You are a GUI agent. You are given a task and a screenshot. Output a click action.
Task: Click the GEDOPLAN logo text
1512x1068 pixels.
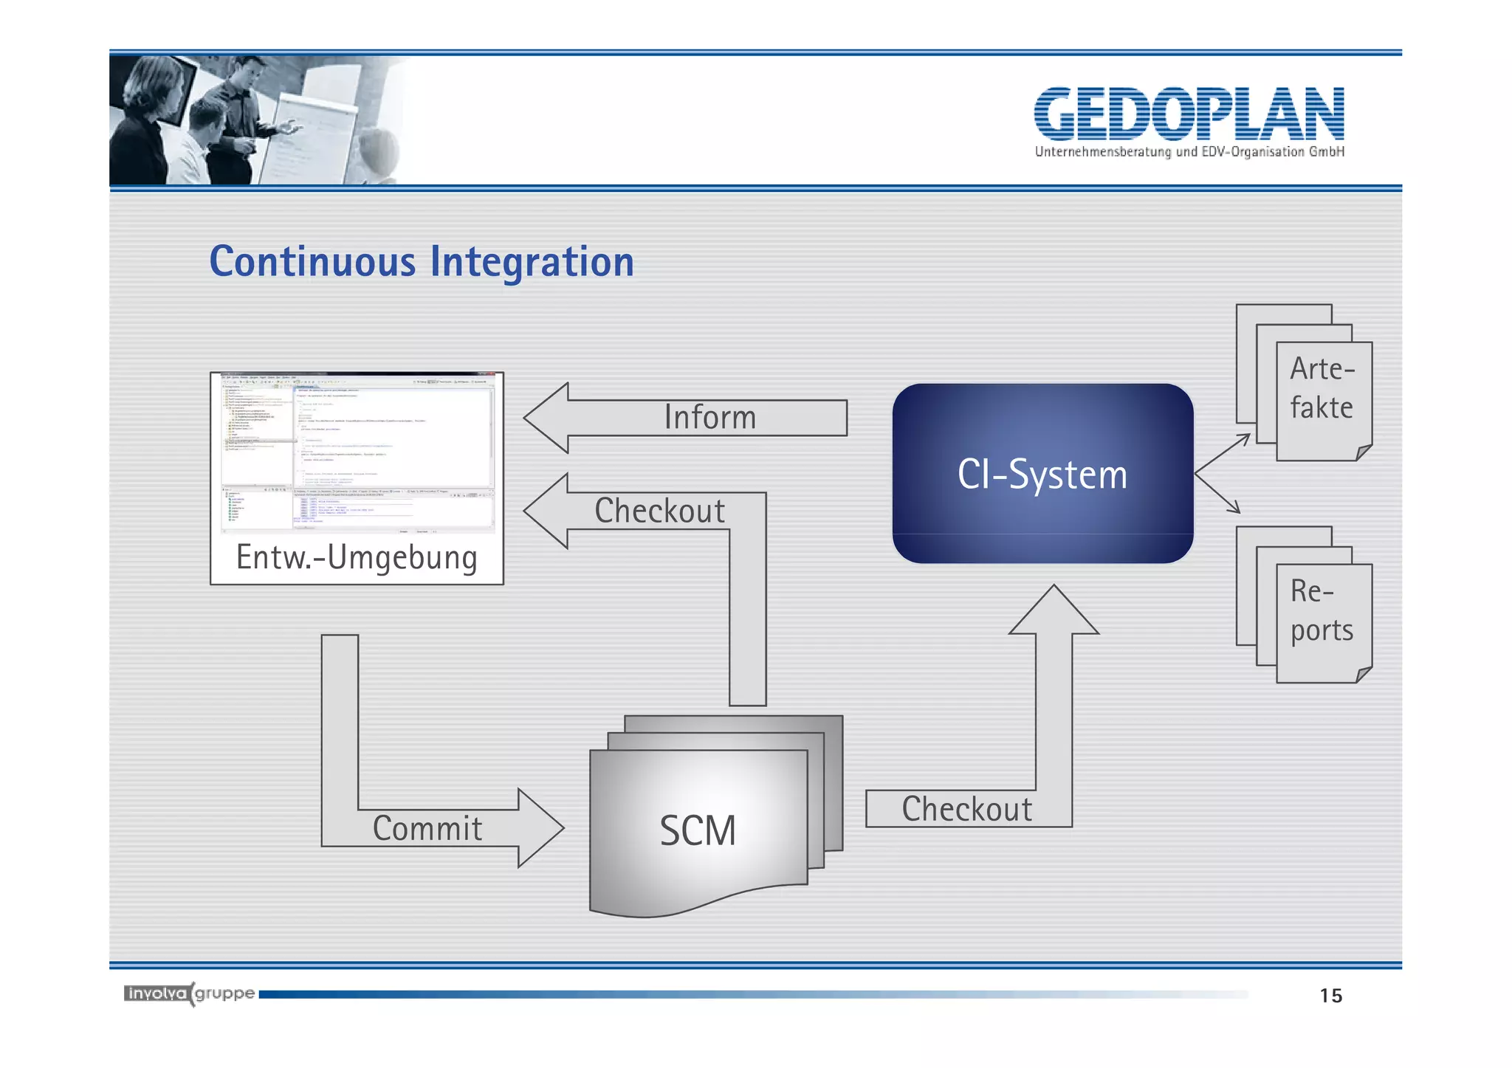pyautogui.click(x=1189, y=114)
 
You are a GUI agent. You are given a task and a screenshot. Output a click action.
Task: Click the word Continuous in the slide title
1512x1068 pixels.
pyautogui.click(x=313, y=262)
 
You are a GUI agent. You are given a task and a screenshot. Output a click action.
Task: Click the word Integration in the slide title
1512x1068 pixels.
pyautogui.click(x=532, y=262)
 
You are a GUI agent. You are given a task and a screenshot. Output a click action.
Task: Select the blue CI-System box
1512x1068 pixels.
pyautogui.click(x=1042, y=474)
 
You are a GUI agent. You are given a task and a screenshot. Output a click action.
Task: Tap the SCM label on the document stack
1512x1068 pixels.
pyautogui.click(x=698, y=830)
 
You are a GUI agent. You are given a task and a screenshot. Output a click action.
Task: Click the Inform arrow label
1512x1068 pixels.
pyautogui.click(x=709, y=418)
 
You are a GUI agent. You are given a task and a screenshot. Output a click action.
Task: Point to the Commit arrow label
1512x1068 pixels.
pyautogui.click(x=427, y=828)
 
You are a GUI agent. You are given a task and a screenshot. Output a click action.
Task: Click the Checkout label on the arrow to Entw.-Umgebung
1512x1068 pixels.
pyautogui.click(x=659, y=511)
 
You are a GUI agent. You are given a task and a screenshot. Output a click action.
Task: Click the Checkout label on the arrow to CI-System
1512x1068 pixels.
pyautogui.click(x=966, y=809)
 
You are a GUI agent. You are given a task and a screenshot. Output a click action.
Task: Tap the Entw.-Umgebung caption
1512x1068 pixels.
pyautogui.click(x=357, y=557)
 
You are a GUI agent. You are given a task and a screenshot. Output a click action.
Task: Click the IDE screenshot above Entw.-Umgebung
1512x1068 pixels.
pyautogui.click(x=357, y=452)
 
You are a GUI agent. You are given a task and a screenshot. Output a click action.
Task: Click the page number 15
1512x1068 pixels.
pyautogui.click(x=1330, y=996)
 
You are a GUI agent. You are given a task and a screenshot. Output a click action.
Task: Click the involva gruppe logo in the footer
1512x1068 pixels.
pyautogui.click(x=190, y=993)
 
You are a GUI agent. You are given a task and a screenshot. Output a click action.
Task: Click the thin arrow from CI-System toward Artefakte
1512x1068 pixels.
pyautogui.click(x=1223, y=453)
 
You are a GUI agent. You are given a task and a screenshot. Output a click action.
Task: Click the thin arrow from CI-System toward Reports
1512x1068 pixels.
pyautogui.click(x=1218, y=493)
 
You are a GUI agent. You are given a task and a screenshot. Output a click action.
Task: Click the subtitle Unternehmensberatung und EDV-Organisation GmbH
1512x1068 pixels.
pyautogui.click(x=1189, y=152)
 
